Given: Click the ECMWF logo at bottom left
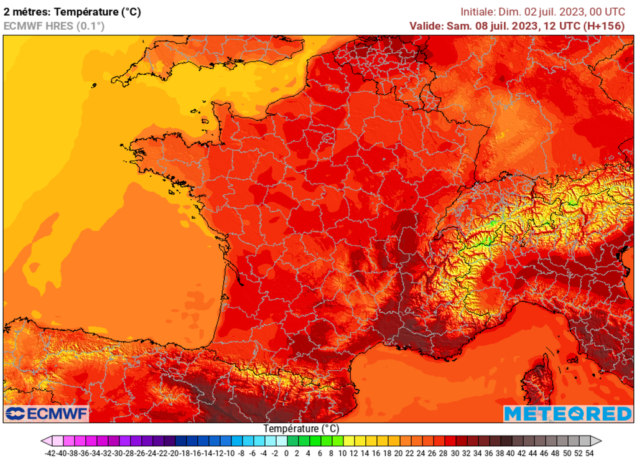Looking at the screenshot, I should coord(47,414).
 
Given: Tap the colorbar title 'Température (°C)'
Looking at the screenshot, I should coord(301,429).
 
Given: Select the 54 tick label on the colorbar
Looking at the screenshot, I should coord(589,452).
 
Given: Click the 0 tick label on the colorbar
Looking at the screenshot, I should coord(286,452).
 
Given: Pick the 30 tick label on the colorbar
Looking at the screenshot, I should coord(455,452).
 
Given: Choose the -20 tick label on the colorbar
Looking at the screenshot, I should coord(175,452).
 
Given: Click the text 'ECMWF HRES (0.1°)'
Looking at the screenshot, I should coord(54,26).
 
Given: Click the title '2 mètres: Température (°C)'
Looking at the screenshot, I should coord(72,12).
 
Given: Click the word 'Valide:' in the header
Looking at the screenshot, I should coord(426,26).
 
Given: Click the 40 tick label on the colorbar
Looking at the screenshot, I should coord(511,452).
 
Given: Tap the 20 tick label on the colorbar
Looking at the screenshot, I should coord(398,452).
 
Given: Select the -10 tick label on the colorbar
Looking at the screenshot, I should coord(230,452).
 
